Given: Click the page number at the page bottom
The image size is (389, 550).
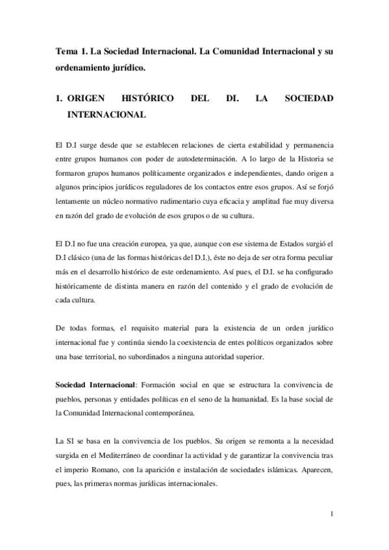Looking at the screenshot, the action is pos(332,516).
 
